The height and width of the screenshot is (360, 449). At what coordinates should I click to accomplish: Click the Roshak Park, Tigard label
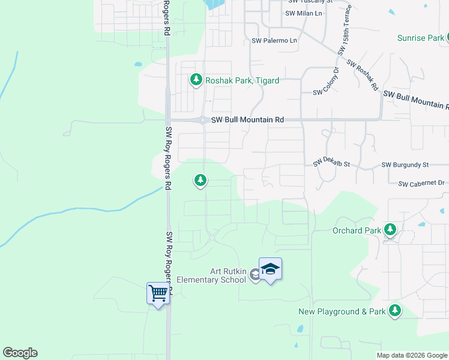point(242,80)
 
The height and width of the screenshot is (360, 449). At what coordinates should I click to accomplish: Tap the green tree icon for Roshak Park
point(196,79)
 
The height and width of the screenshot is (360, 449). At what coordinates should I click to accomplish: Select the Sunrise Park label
point(420,38)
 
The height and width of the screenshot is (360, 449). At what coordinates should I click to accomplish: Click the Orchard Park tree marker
point(390,229)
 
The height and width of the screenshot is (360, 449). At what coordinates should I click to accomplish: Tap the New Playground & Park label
point(342,311)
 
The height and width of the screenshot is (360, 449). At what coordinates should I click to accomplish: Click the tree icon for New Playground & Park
point(394,310)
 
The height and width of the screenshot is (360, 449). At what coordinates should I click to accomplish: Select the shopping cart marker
point(158,293)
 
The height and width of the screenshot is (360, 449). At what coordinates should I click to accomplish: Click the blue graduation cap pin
point(270,269)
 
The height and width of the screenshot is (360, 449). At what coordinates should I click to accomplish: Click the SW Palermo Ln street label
point(274,41)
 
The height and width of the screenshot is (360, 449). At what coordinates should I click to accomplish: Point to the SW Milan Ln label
point(304,13)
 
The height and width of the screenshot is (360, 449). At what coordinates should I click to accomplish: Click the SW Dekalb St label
point(331,164)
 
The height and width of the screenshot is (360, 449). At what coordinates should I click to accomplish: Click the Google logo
point(20,353)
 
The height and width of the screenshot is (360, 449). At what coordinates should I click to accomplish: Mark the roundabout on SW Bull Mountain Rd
point(203,120)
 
